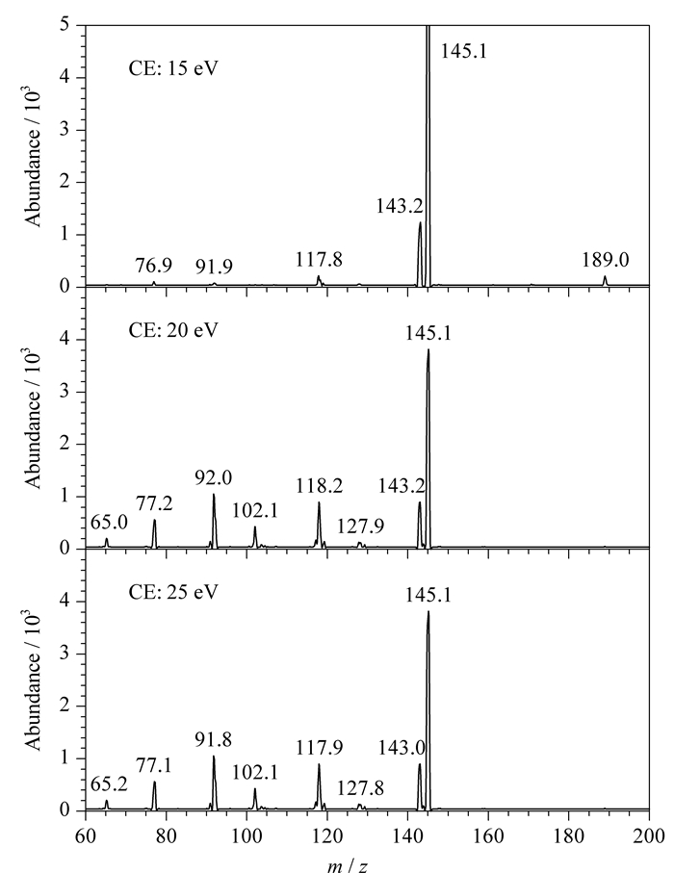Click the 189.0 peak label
(x=606, y=260)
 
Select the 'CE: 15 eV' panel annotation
(x=173, y=68)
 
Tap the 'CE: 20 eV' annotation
(x=173, y=329)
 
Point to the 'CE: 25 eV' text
(x=173, y=591)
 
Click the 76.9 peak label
(x=154, y=266)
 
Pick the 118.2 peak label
(x=319, y=486)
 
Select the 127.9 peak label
(x=360, y=526)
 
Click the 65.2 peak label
(x=109, y=783)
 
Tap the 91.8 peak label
(x=214, y=739)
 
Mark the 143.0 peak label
(x=402, y=748)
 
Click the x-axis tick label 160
(x=488, y=835)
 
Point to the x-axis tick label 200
(x=650, y=835)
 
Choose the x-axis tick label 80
(x=166, y=835)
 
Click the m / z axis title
(x=347, y=864)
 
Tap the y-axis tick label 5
(x=65, y=25)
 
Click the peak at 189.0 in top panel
(x=605, y=281)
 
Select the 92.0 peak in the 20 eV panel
(x=214, y=521)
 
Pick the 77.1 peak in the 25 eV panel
(x=154, y=796)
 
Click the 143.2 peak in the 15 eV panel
(x=420, y=254)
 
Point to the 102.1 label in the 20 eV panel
(x=254, y=510)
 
